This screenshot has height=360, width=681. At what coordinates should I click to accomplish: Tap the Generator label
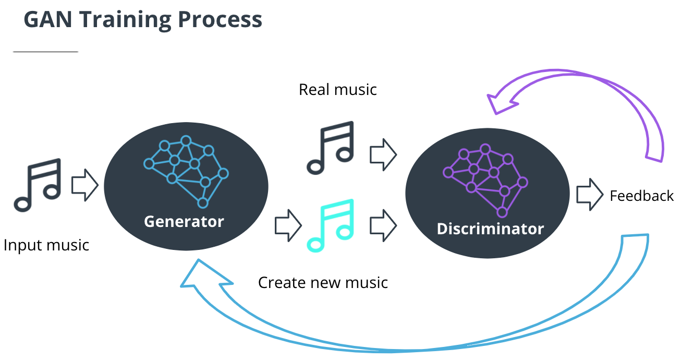(x=184, y=221)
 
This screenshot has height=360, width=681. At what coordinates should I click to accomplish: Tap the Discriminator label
(x=490, y=229)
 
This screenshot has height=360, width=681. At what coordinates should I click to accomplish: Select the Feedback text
(x=641, y=196)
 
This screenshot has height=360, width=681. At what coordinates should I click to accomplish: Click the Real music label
(x=337, y=90)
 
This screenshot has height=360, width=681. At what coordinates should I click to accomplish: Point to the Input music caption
(x=46, y=245)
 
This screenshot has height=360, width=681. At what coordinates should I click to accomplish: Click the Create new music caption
(x=323, y=283)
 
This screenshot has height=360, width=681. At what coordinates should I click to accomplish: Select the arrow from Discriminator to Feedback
(x=590, y=195)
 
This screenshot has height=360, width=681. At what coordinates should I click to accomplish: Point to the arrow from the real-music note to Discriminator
(x=383, y=154)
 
